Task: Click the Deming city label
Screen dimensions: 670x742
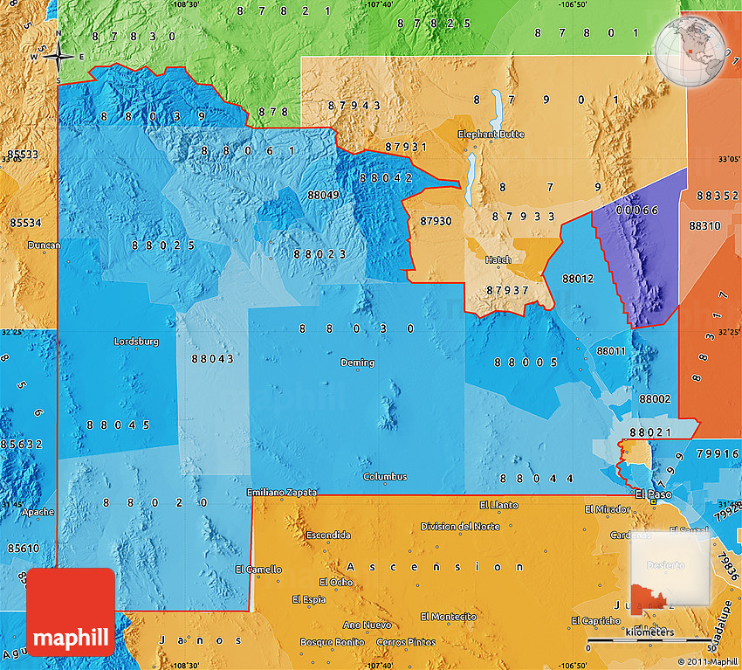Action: (357, 363)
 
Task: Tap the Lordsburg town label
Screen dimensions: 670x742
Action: (136, 342)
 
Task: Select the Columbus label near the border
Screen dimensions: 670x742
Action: (385, 476)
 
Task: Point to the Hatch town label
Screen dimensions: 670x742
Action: (498, 259)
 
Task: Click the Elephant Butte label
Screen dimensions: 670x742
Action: (491, 135)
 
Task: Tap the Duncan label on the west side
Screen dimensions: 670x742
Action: (44, 245)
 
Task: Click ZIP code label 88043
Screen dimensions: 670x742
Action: (212, 358)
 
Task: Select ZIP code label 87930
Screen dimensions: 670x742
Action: (436, 222)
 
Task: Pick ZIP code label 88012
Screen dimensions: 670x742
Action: (578, 279)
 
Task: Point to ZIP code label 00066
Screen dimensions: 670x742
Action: (636, 211)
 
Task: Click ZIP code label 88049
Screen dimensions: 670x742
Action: (323, 194)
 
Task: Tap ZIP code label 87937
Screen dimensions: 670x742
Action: (508, 289)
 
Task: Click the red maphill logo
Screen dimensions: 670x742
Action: (71, 611)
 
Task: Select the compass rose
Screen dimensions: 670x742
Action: (58, 57)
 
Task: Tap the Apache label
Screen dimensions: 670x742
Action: (38, 512)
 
